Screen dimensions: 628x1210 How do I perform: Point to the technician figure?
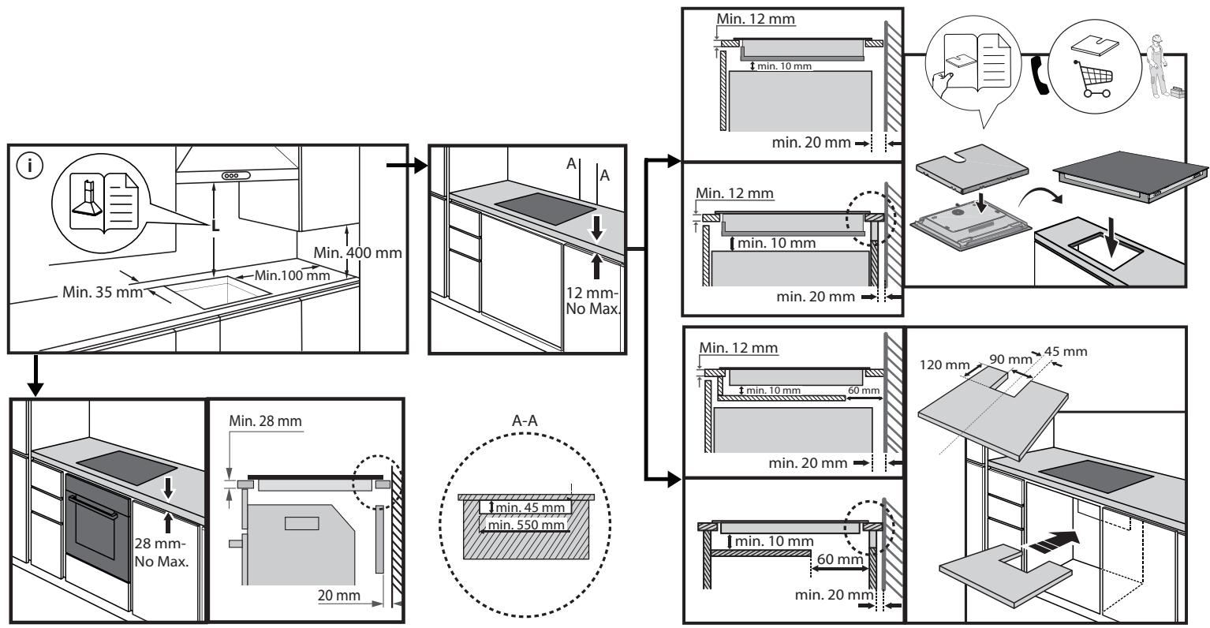(x=1156, y=67)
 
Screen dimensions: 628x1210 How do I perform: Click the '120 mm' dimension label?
(x=944, y=365)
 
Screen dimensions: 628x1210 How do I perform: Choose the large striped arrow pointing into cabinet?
(x=1049, y=543)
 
